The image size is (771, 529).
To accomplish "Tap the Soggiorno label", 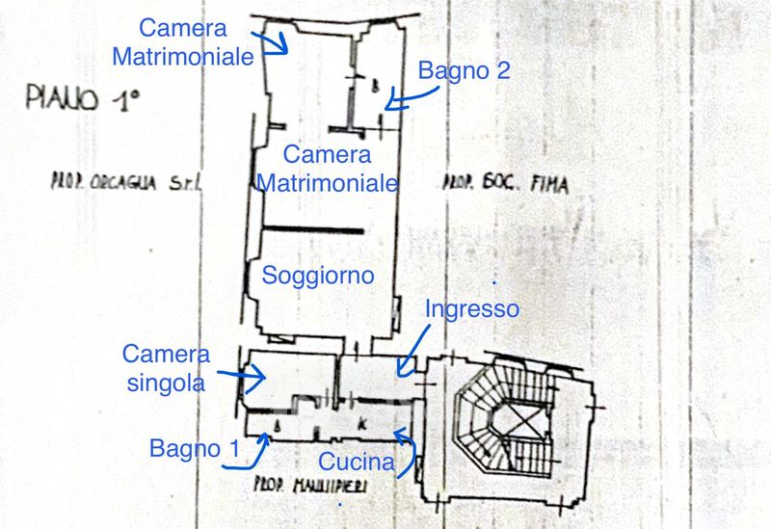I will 318,276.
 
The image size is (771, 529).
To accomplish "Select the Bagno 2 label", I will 464,70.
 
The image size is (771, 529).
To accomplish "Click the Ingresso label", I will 473,309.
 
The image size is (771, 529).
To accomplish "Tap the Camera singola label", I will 166,368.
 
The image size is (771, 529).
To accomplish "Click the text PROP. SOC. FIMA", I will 504,181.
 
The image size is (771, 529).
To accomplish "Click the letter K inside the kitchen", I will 360,424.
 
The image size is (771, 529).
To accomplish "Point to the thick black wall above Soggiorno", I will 313,229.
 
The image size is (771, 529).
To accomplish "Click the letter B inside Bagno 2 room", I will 375,84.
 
